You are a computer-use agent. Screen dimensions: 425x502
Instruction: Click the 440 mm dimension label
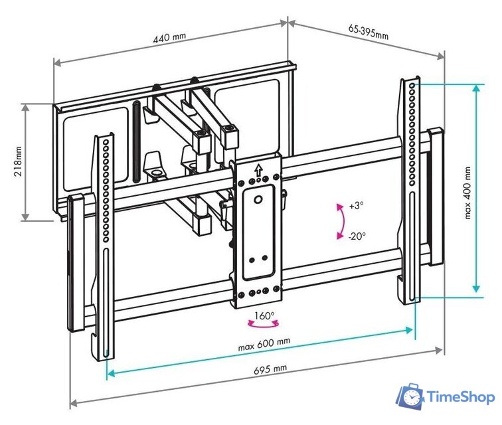pos(170,38)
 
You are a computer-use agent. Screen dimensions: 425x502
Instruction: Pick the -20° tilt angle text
pos(357,236)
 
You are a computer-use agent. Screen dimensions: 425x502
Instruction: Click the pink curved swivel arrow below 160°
pos(264,325)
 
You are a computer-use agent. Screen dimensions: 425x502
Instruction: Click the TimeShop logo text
pos(460,397)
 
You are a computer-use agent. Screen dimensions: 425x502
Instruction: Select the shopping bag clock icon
pos(410,397)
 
